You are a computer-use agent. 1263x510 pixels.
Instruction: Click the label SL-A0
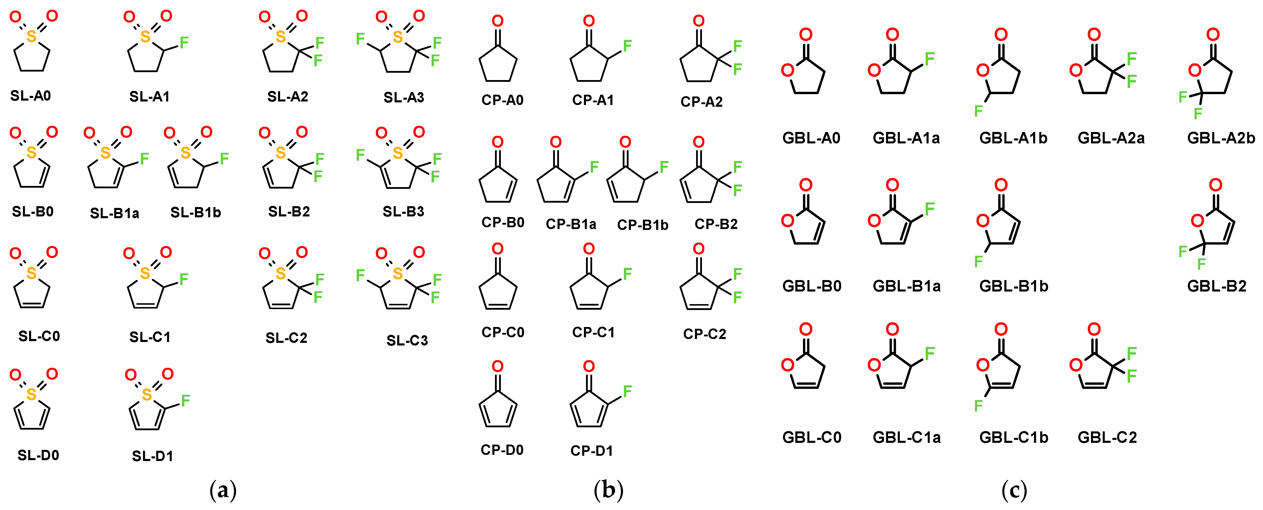coord(31,96)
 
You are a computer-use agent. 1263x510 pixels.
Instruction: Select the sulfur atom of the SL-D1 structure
coord(146,394)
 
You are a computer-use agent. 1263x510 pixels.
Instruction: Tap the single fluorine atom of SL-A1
coord(184,43)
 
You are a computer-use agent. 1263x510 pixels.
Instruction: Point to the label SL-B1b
coord(196,213)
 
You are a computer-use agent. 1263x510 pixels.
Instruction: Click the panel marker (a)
coord(223,490)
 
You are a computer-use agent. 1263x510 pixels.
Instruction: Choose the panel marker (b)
coord(609,490)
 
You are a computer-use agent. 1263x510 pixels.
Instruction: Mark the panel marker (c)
coord(1014,490)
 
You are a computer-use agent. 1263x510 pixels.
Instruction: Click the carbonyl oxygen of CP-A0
coord(498,21)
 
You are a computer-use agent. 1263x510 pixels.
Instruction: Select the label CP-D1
coord(592,451)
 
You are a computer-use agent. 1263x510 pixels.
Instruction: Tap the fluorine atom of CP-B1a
coord(594,167)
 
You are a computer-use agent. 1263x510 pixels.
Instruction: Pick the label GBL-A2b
coord(1221,138)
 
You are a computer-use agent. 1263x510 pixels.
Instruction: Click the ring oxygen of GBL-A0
coord(787,71)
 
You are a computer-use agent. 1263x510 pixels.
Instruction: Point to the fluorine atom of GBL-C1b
coord(979,406)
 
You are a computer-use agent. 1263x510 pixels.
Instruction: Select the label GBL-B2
coord(1216,286)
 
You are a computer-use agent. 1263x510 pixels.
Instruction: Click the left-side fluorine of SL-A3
coord(360,39)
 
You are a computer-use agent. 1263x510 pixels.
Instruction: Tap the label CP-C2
coord(705,334)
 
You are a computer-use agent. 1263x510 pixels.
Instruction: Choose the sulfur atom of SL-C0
coord(31,273)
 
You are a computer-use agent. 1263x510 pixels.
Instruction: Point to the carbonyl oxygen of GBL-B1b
coord(1001,185)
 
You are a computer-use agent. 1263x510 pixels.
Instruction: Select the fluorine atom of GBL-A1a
coord(929,59)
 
